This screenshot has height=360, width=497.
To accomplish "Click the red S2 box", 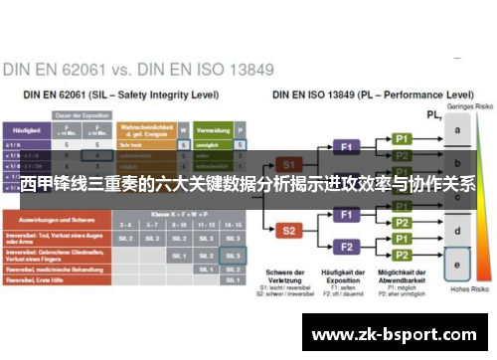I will click(288, 230).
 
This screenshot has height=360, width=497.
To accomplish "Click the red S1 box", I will click(288, 162).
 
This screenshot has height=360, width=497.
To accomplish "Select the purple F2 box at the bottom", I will click(347, 246).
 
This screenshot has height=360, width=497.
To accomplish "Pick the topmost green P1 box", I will click(402, 138).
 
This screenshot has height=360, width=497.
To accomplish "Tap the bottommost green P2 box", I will click(402, 255).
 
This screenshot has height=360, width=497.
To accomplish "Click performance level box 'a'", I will click(456, 130).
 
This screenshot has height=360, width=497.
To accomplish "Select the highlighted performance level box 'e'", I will click(456, 265).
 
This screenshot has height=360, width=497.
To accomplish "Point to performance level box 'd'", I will click(456, 232).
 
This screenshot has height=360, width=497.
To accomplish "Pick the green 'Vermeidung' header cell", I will click(214, 130).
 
